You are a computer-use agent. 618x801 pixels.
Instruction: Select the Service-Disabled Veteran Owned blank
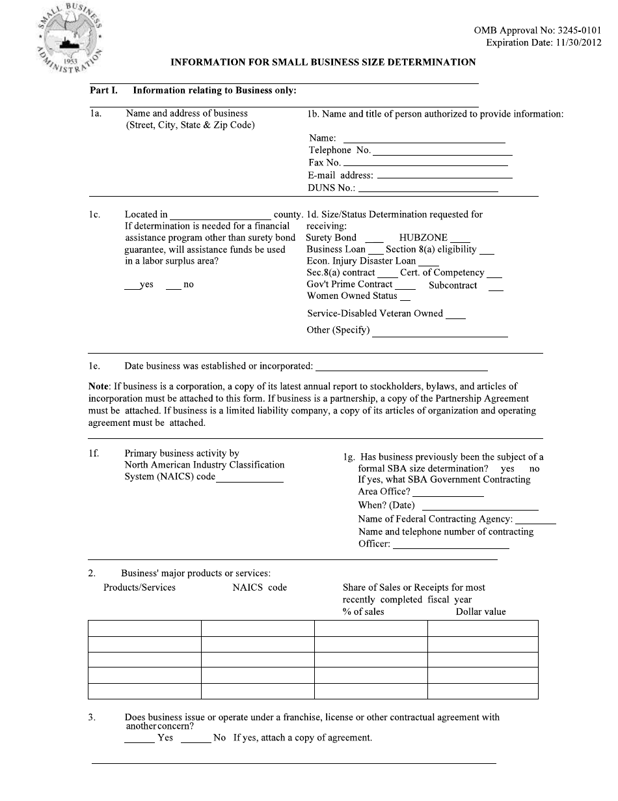[455, 316]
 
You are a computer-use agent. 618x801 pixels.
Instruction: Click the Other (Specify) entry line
[440, 334]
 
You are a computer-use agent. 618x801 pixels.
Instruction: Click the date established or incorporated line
[401, 369]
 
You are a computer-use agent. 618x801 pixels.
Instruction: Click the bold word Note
[100, 387]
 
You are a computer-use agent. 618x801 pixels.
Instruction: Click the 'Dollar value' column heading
[480, 612]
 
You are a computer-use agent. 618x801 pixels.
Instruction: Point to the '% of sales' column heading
[363, 612]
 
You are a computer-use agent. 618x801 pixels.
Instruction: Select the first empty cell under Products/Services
[144, 628]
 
